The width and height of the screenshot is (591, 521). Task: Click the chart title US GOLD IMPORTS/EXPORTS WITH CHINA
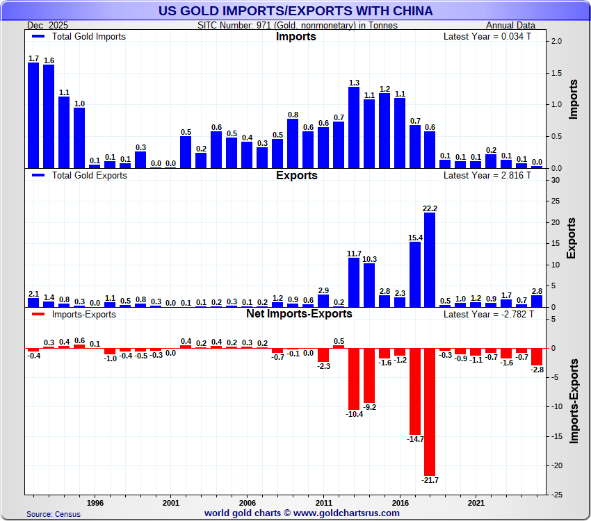coord(295,10)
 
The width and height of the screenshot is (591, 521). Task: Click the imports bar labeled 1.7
coord(33,115)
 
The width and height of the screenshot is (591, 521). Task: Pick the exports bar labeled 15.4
coord(415,274)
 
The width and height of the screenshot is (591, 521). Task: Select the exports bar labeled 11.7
coord(354,282)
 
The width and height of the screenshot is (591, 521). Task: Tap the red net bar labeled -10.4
coord(354,379)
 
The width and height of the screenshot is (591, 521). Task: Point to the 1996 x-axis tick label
coord(95,502)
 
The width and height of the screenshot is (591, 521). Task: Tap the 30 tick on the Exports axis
coord(555,181)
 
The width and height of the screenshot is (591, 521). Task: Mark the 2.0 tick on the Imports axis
coord(556,42)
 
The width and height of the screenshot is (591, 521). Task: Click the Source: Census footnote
coord(54,514)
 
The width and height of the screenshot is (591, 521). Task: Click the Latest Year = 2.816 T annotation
coord(487,175)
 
